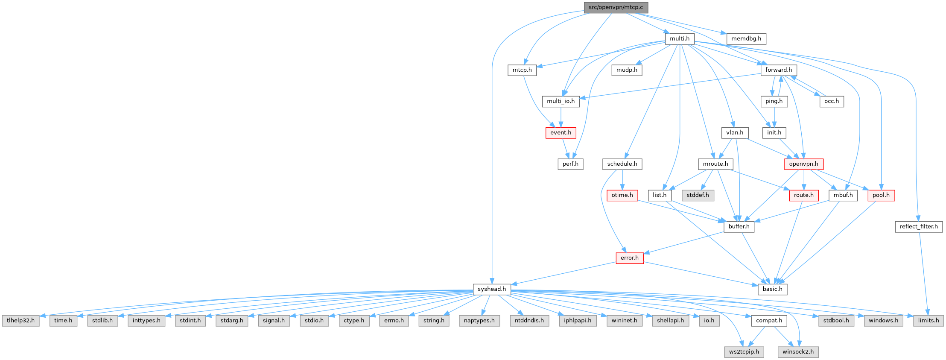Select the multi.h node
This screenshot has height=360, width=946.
680,38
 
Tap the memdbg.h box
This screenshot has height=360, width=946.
746,38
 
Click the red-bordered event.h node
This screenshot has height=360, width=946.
561,132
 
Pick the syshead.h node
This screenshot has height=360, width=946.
492,289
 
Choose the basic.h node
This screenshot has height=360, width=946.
772,289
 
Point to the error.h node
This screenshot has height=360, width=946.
629,258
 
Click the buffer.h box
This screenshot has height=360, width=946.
739,226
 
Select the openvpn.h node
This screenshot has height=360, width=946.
803,164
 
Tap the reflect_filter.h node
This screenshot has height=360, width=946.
919,226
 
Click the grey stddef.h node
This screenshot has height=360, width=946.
698,195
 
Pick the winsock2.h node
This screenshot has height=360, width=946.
798,352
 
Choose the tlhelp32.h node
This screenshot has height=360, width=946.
20,320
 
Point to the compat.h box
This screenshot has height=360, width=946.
769,320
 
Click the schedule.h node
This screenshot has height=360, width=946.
622,164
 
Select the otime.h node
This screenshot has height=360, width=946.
622,195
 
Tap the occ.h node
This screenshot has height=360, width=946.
831,101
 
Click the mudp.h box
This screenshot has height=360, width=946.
627,70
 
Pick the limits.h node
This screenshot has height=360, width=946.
928,320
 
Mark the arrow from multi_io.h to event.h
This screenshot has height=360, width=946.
561,117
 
